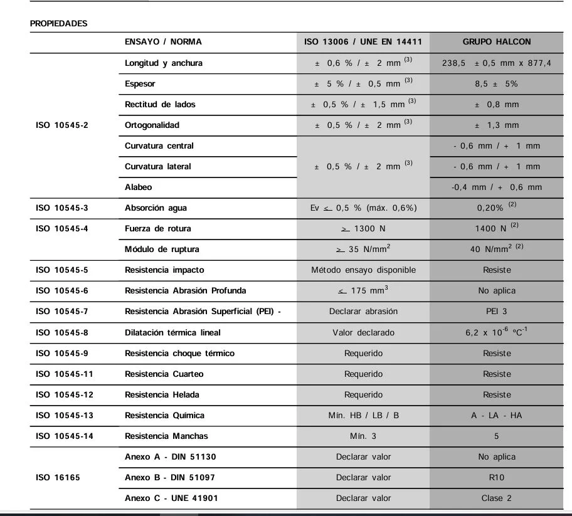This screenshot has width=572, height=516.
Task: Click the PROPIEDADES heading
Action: click(x=59, y=23)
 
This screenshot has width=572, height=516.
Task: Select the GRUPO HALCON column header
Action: click(x=497, y=42)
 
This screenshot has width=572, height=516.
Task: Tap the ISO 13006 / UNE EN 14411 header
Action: click(x=363, y=42)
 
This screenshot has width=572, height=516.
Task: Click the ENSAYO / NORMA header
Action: click(x=163, y=42)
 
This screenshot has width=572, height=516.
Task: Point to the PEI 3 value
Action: click(x=497, y=312)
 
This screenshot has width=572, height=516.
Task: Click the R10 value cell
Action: click(x=497, y=477)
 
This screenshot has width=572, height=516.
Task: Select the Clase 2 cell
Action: click(x=497, y=498)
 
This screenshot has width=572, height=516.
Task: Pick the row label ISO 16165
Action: click(x=58, y=477)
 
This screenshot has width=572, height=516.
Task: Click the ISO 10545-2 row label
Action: click(x=62, y=125)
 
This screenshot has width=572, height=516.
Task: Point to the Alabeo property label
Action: click(x=138, y=187)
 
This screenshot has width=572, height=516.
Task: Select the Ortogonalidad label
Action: click(x=152, y=125)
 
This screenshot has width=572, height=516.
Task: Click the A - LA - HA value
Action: click(x=497, y=416)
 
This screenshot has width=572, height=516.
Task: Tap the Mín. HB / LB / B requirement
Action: click(x=363, y=416)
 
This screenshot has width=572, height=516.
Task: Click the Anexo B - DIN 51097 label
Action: click(x=170, y=477)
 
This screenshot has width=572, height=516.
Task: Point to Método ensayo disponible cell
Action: click(x=363, y=270)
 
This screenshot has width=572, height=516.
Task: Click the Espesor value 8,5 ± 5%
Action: click(x=497, y=84)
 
